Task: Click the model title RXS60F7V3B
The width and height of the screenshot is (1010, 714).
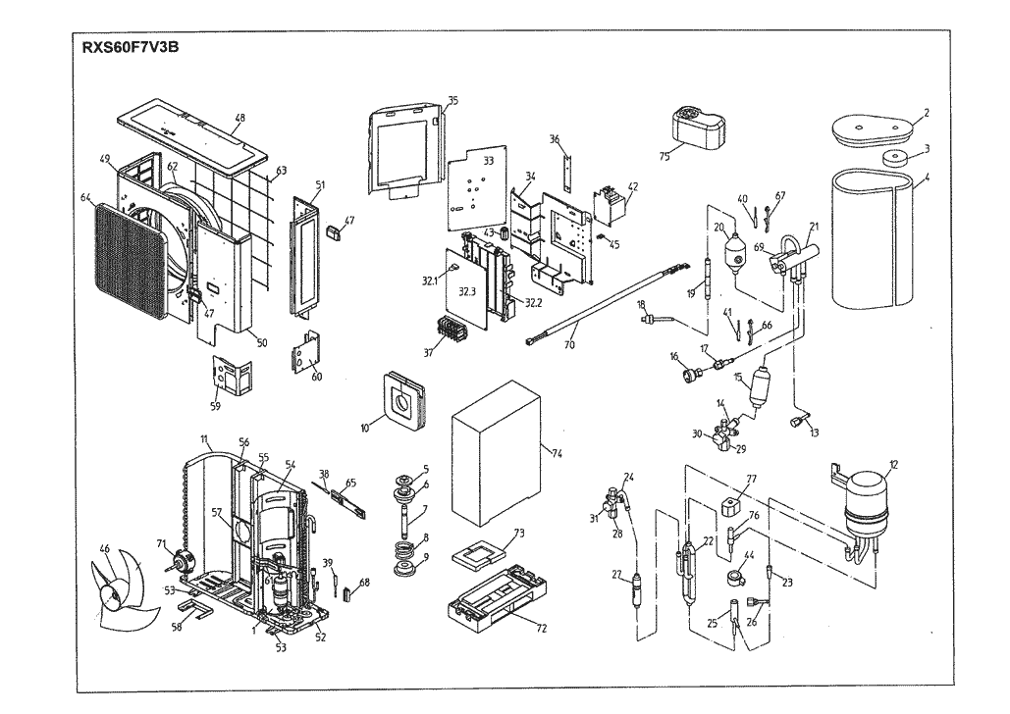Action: [135, 47]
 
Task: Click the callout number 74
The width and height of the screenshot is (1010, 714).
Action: [557, 454]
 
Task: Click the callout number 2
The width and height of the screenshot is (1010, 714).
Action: [926, 115]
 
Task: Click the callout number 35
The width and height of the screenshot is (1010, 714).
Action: [452, 101]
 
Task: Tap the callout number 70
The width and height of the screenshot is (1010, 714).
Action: [570, 345]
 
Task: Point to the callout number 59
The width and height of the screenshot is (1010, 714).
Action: [215, 405]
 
